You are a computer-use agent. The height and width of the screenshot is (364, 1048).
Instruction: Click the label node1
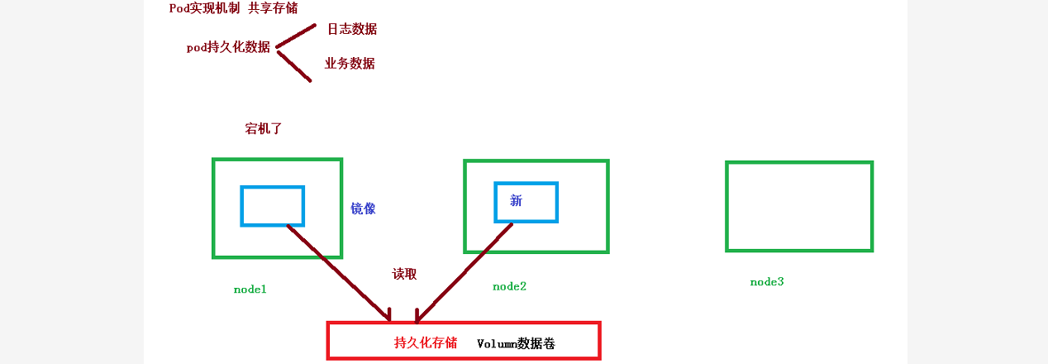click(x=250, y=290)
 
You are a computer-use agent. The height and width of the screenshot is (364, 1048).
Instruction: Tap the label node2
click(x=509, y=286)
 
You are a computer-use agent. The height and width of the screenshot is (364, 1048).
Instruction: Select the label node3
click(x=766, y=282)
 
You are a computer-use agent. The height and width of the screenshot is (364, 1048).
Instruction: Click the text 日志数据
click(x=351, y=29)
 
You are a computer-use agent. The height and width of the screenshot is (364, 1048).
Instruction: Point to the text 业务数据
click(x=350, y=63)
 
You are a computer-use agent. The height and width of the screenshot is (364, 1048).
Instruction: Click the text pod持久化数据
click(x=228, y=47)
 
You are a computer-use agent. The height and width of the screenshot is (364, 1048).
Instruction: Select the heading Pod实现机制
click(x=204, y=8)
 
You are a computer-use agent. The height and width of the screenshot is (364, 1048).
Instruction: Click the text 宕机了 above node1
click(x=264, y=129)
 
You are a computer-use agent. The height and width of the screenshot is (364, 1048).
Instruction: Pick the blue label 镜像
click(x=363, y=208)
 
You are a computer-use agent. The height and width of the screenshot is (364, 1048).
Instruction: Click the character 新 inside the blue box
click(x=517, y=200)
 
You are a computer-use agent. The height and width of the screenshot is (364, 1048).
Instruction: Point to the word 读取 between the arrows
click(x=404, y=274)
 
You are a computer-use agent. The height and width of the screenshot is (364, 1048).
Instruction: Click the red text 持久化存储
click(x=426, y=342)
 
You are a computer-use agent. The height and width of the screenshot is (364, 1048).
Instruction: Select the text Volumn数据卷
click(x=516, y=342)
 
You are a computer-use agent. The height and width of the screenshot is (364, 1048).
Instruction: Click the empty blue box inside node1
click(x=272, y=206)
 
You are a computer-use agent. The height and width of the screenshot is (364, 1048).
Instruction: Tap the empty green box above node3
click(x=799, y=206)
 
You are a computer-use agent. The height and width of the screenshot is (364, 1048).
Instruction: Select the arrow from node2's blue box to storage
click(x=463, y=273)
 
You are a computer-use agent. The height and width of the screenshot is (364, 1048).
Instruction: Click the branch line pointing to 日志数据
click(x=296, y=35)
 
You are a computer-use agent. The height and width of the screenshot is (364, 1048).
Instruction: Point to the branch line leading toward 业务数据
click(x=293, y=67)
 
